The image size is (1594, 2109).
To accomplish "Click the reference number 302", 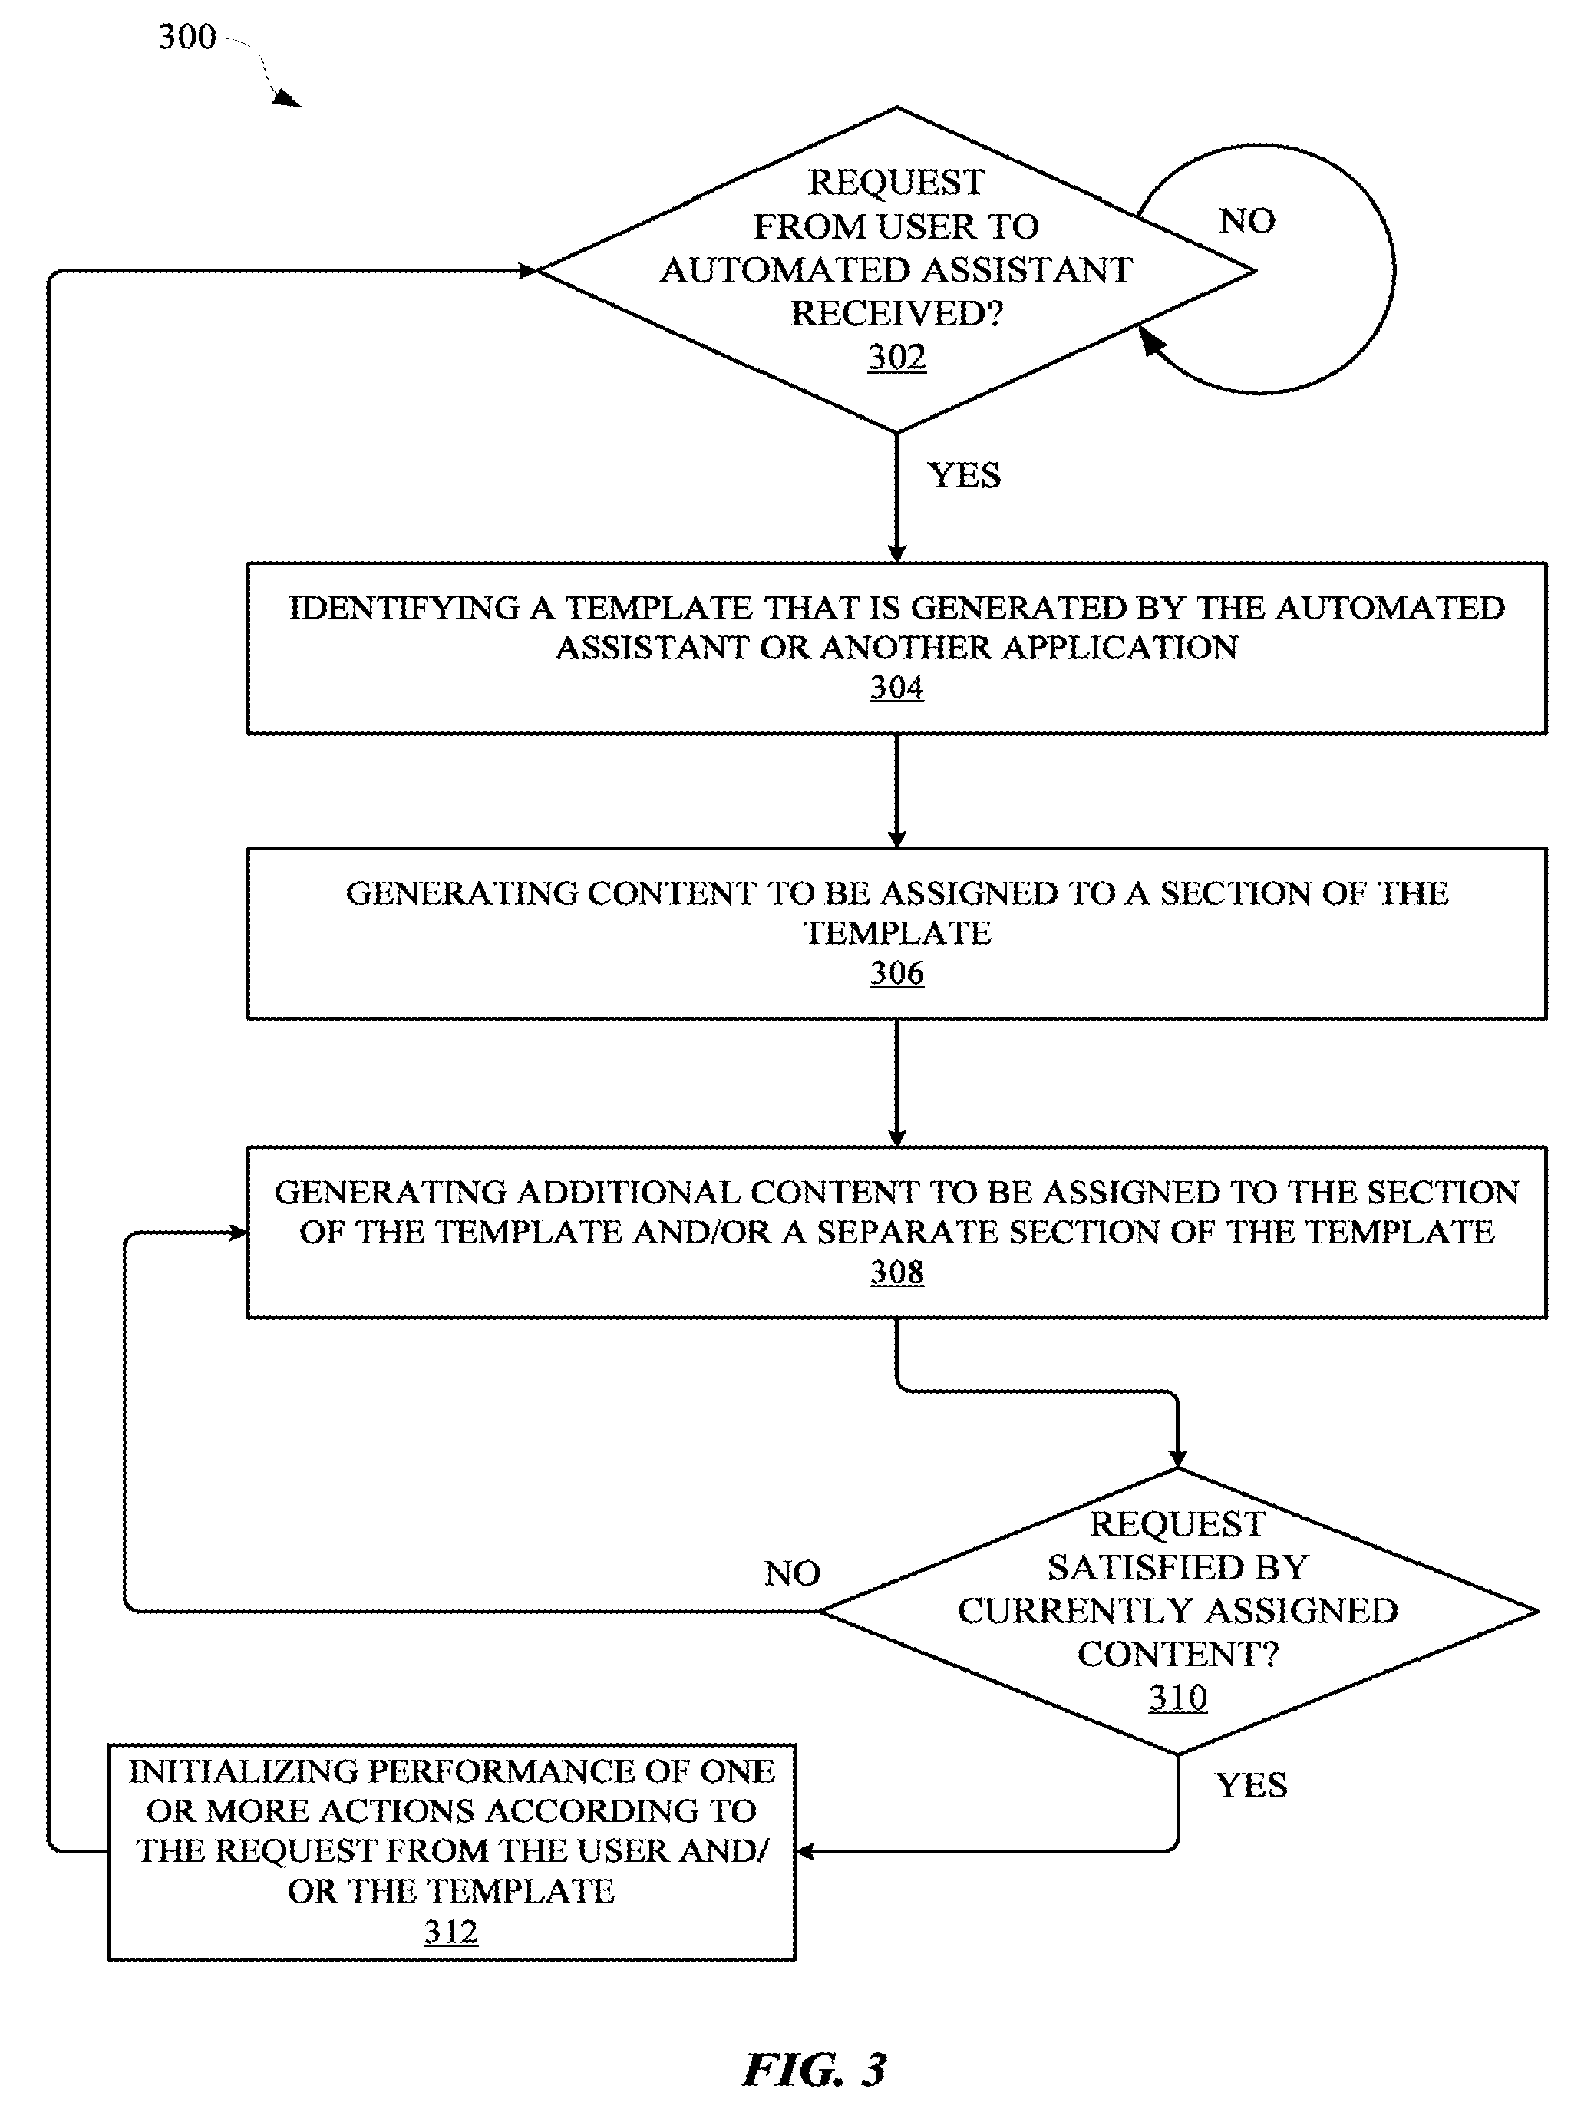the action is (x=896, y=358).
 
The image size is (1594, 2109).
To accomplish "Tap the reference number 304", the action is (x=896, y=688).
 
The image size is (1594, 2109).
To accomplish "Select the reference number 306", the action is (x=896, y=972).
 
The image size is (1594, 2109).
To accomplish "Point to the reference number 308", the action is (x=896, y=1272).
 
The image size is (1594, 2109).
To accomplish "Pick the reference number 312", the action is (x=451, y=1932).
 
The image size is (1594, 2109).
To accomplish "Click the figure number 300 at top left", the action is (x=186, y=37).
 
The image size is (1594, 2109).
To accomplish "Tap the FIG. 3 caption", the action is (x=815, y=2070).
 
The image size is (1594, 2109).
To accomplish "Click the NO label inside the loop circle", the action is (x=1247, y=221).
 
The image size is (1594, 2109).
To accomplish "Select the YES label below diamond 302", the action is (x=964, y=475).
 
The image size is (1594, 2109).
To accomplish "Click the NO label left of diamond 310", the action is (x=792, y=1573).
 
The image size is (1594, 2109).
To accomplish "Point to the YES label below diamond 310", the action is (x=1251, y=1785).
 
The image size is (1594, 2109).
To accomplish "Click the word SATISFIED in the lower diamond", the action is (x=1177, y=1567).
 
